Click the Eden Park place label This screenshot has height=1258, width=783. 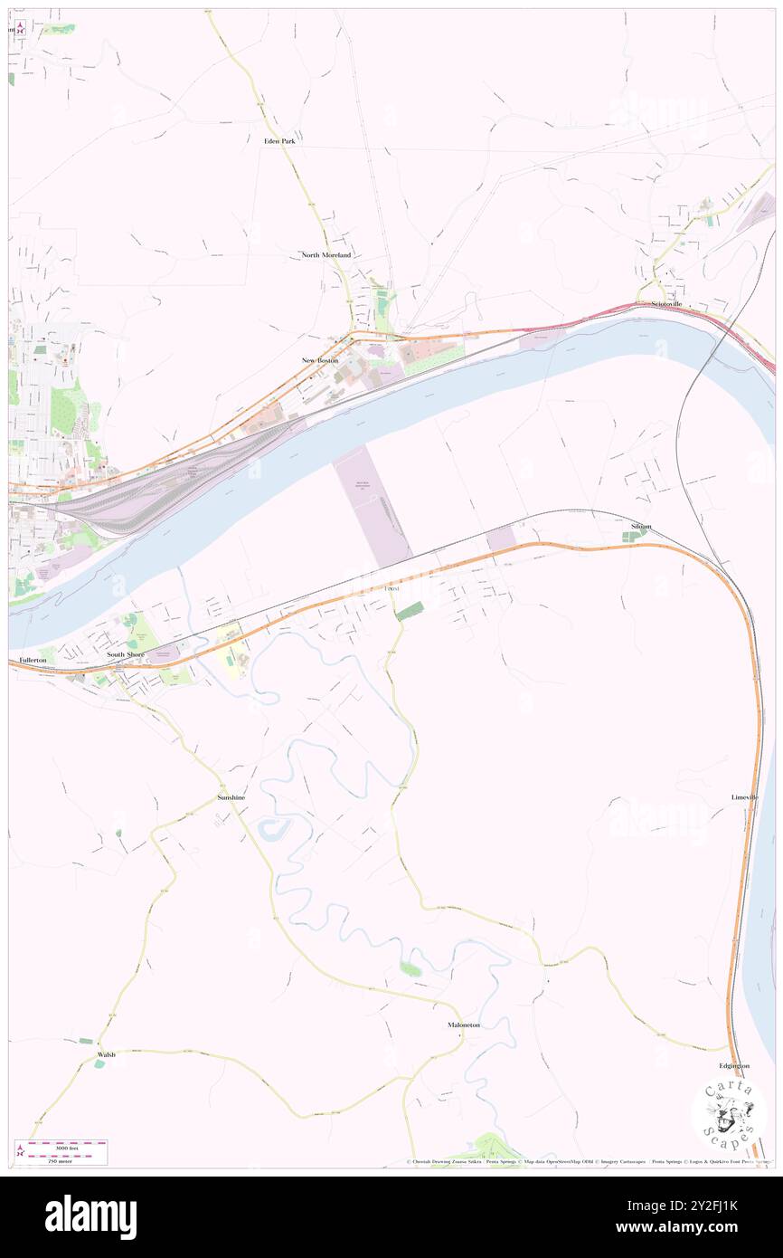pos(279,142)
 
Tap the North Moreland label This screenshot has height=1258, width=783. pos(325,256)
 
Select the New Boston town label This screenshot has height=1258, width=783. pos(320,360)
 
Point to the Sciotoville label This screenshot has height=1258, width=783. pos(660,305)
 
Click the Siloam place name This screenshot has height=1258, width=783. pos(641,526)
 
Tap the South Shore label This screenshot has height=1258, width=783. pos(126,653)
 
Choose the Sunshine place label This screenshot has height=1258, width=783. pos(231,797)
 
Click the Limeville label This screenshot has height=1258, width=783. pos(745,797)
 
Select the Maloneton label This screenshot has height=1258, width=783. pos(464,1025)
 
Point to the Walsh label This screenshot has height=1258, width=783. pos(107,1054)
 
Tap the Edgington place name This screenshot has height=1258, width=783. pos(734,1065)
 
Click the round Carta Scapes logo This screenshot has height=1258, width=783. pos(729,1115)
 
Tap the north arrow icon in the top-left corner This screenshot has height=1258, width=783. pos(19,28)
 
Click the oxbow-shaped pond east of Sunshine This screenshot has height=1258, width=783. pos(273,827)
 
